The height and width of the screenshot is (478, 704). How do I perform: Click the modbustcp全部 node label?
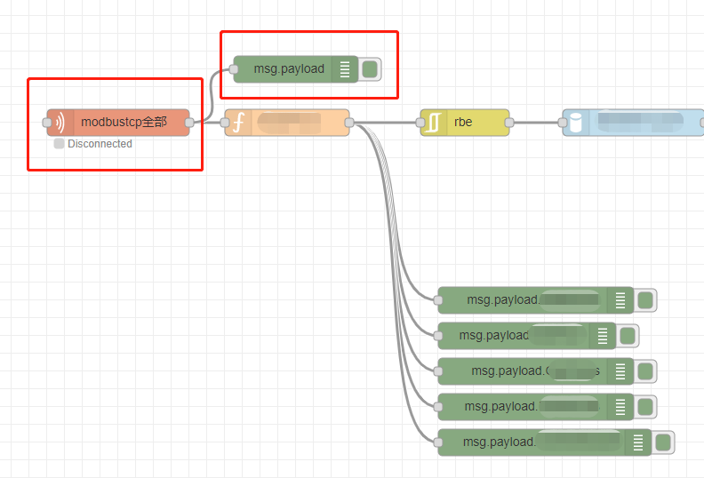tap(124, 123)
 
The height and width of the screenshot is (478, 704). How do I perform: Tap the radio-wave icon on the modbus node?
tap(59, 123)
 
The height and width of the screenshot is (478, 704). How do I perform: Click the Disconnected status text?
tap(100, 144)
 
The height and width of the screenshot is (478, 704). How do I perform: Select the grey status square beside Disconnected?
tap(59, 144)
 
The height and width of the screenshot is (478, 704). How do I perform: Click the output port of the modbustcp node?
tap(189, 123)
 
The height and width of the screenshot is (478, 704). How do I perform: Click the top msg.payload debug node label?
tap(289, 69)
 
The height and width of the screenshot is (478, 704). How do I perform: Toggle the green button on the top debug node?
tap(370, 69)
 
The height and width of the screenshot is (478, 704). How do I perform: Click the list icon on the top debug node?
tap(345, 69)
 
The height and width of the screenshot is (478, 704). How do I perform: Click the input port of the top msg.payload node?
tap(234, 69)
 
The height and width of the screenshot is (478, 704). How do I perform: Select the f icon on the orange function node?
tap(237, 123)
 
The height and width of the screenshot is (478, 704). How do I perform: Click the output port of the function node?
tap(349, 123)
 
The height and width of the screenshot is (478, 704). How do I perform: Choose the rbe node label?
tap(463, 123)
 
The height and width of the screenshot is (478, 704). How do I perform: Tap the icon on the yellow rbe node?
tap(433, 123)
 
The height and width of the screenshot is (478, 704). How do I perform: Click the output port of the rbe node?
tap(509, 123)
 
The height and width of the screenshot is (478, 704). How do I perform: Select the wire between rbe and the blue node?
tap(536, 123)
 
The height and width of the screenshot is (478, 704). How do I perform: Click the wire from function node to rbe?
tap(385, 123)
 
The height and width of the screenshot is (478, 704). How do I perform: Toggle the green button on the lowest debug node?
tap(663, 442)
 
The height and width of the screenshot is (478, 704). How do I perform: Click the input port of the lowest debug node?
tap(438, 442)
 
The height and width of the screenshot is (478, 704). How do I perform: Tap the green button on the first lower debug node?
tap(645, 300)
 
